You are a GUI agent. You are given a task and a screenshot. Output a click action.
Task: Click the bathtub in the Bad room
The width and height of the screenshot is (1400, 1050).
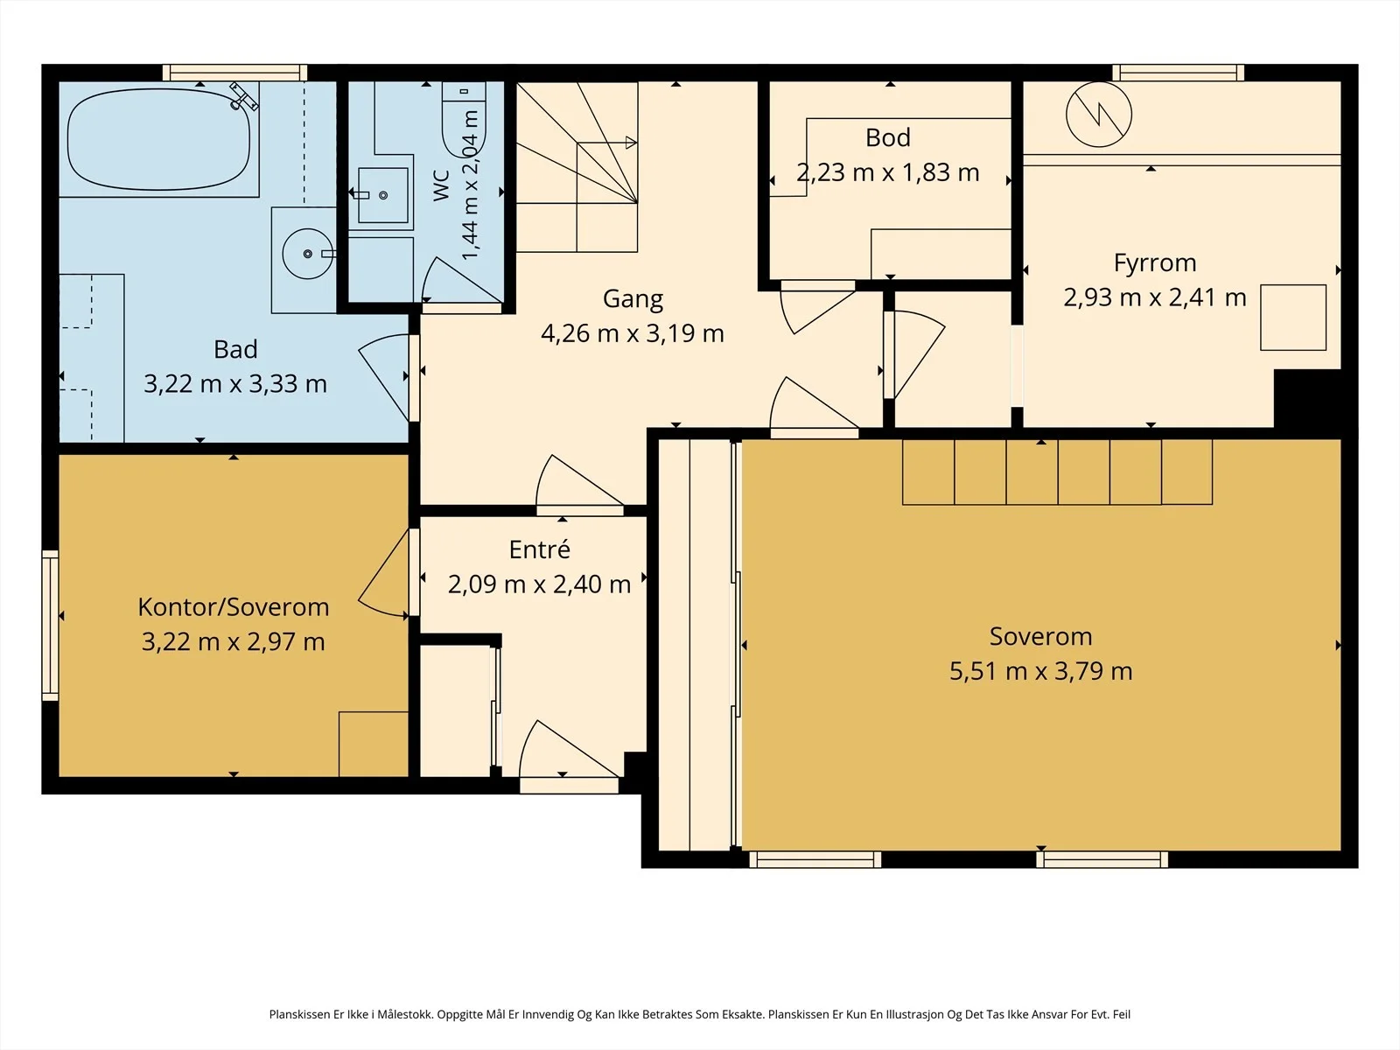tap(159, 140)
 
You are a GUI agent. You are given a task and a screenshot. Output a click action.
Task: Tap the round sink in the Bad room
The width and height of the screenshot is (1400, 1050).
tap(307, 254)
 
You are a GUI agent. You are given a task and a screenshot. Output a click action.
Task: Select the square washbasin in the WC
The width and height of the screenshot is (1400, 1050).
tap(382, 195)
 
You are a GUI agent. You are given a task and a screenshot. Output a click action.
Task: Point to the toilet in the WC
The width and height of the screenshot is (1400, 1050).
tap(464, 119)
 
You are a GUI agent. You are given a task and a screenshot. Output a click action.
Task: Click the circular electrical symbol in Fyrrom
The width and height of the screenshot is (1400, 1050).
tap(1099, 115)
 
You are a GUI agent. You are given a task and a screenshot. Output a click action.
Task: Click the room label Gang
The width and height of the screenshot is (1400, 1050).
tap(633, 299)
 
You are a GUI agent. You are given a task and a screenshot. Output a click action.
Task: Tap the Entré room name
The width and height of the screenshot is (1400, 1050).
tap(540, 549)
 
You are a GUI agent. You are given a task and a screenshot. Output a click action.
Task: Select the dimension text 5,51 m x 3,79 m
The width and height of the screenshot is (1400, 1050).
tap(1041, 670)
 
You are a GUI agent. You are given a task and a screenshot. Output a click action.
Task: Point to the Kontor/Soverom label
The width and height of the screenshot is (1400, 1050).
tap(234, 607)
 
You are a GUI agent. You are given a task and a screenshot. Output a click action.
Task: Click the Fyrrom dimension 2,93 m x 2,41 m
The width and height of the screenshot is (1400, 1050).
tap(1154, 297)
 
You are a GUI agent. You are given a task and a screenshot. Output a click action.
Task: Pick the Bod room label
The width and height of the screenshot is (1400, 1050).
tap(888, 137)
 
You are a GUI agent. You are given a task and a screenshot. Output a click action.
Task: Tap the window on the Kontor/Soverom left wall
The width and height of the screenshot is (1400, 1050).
tap(51, 625)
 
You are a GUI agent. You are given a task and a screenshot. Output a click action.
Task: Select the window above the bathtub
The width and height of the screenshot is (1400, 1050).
tap(234, 73)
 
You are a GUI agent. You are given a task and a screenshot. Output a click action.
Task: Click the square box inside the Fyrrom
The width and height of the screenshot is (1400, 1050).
tap(1293, 318)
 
